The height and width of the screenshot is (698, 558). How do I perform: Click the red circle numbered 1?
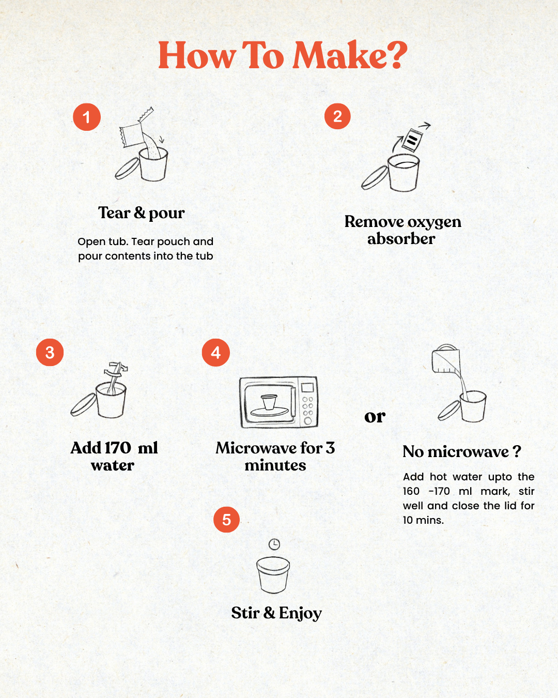coord(87,117)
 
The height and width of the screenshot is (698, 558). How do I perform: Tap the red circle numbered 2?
coord(337,116)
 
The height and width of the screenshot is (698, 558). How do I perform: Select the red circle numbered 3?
coord(50,353)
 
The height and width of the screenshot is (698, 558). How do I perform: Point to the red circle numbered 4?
coord(215,353)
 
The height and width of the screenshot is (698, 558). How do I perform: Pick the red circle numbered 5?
coord(226,520)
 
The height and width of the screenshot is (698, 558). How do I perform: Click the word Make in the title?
coord(339,54)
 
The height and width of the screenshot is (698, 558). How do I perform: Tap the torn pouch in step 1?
coord(134,130)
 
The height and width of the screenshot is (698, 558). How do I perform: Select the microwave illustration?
coord(278,402)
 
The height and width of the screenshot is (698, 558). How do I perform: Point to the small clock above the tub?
coord(274,544)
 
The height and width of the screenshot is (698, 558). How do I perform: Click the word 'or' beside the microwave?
coord(375,417)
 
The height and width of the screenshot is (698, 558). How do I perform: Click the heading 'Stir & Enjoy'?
coord(276,613)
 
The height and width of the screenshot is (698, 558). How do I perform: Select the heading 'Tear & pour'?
coord(142,214)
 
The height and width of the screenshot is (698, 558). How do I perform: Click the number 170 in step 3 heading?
coord(118,448)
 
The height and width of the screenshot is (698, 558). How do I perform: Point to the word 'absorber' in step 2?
coord(401,239)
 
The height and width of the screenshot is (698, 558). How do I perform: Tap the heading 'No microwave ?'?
coord(462,451)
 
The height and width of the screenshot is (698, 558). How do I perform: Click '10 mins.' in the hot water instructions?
coord(423,520)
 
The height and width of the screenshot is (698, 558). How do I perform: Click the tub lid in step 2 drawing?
coord(375,177)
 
